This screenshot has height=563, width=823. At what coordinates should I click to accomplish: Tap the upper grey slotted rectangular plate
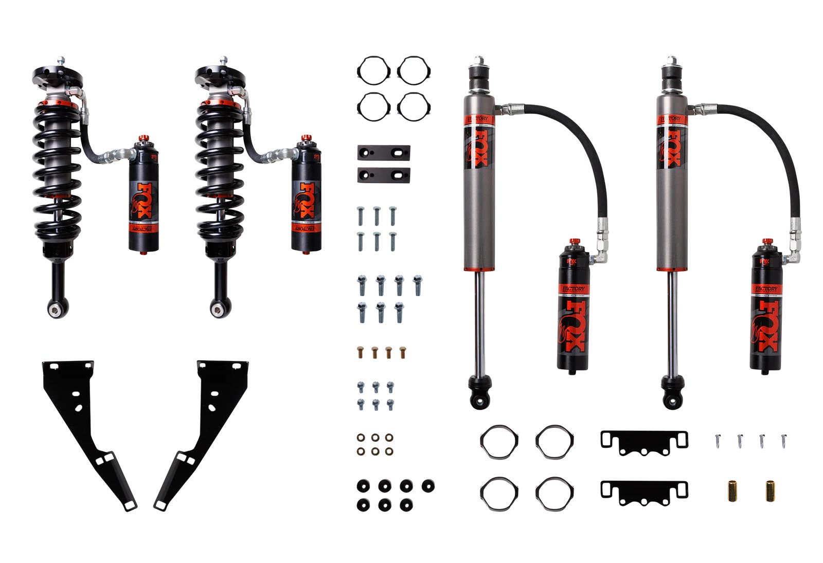click(x=384, y=153)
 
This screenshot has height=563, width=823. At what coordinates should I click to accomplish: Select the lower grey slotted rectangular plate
click(x=384, y=175)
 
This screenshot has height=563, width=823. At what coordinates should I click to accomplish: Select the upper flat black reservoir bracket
click(x=644, y=443)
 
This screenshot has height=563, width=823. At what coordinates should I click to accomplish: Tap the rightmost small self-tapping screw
click(x=784, y=440)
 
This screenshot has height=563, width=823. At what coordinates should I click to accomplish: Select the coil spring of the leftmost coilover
click(x=57, y=165)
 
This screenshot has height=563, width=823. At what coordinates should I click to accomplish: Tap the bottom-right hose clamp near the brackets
click(x=554, y=492)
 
